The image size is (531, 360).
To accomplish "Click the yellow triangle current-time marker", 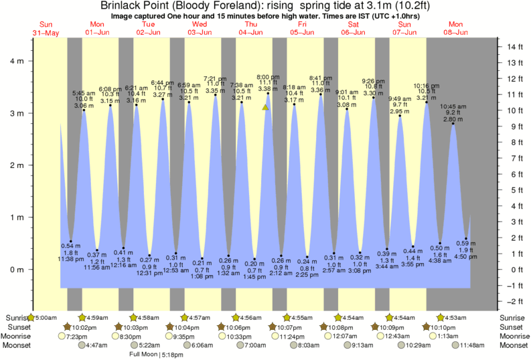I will click(x=266, y=106).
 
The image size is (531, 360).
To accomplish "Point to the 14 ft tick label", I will click(x=514, y=47).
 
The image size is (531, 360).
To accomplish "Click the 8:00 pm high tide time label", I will click(x=268, y=77).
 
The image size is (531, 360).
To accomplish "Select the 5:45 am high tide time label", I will click(x=84, y=94).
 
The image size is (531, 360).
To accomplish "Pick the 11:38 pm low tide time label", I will click(x=70, y=258).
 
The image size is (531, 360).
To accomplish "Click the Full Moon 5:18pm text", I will click(x=155, y=354).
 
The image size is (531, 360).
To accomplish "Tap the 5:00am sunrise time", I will click(x=46, y=317).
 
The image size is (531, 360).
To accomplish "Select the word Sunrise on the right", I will click(x=514, y=317).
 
